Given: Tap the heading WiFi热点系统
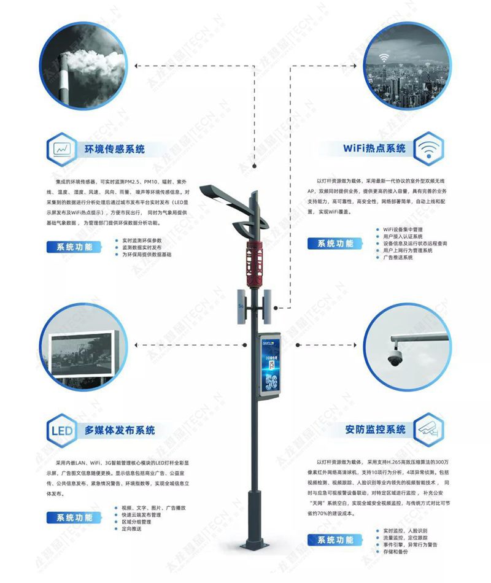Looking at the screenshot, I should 374,149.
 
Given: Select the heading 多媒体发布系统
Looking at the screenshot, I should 120,430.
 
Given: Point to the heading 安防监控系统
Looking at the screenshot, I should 375,430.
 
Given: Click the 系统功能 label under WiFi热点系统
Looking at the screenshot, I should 335,244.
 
